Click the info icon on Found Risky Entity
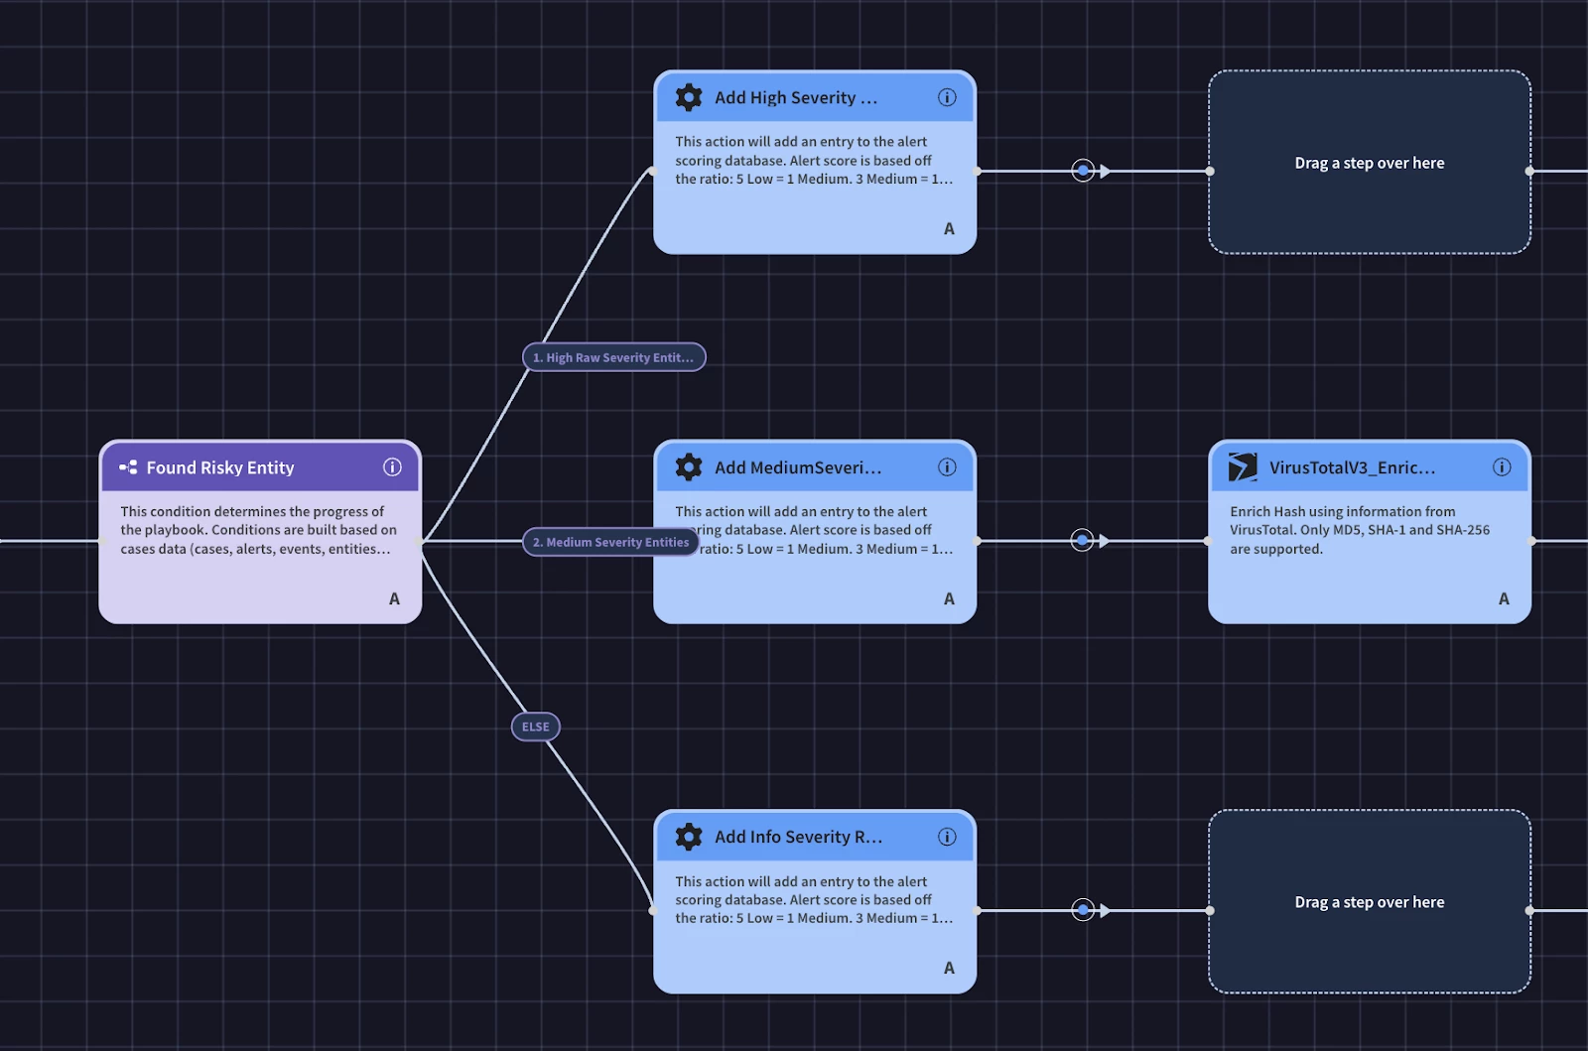coord(393,467)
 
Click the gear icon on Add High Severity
coord(689,97)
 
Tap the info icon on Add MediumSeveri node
coord(947,467)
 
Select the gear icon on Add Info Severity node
coord(689,837)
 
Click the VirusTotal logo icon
coord(1243,467)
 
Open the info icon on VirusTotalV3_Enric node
coord(1502,467)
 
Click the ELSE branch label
coord(536,726)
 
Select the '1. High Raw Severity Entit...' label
coord(613,357)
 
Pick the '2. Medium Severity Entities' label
coord(610,542)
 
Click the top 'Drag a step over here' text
coord(1369,163)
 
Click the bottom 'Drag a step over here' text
coord(1369,902)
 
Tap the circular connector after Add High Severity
coord(1083,171)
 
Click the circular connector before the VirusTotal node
coord(1083,541)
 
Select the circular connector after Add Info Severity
coord(1083,910)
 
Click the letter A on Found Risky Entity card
coord(394,598)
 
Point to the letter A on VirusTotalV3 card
coord(1504,598)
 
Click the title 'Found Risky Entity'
coord(220,467)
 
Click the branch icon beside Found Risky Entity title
coord(128,467)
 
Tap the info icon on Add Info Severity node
coord(947,837)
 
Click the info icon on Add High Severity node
coord(947,97)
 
